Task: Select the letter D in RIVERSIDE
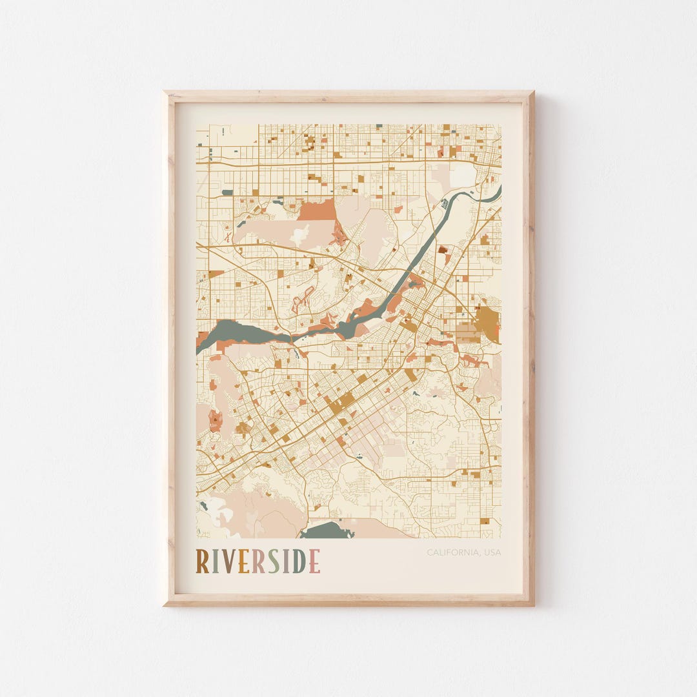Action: (299, 561)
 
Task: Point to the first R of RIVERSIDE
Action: (203, 561)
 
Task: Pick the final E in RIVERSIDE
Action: (314, 561)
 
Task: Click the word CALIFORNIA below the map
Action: (452, 552)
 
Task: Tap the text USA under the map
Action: (492, 552)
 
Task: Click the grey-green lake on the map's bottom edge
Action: (326, 530)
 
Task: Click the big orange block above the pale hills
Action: (317, 210)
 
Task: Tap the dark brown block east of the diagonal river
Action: (443, 249)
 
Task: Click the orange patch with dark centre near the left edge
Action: (215, 421)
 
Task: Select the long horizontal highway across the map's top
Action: (348, 162)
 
